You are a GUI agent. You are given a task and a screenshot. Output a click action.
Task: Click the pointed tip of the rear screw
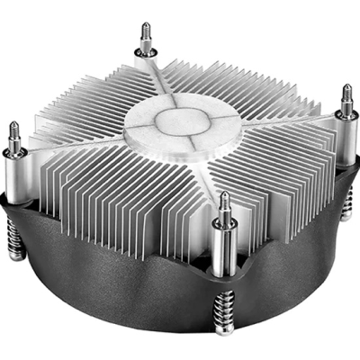pos(145,25)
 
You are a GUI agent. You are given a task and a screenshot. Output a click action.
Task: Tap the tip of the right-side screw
pos(347,86)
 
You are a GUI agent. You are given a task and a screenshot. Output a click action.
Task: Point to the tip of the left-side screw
pos(14,125)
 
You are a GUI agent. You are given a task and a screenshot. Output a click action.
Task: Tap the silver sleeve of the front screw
pos(225,236)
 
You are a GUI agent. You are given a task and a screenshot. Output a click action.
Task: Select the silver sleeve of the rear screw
pos(146,49)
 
